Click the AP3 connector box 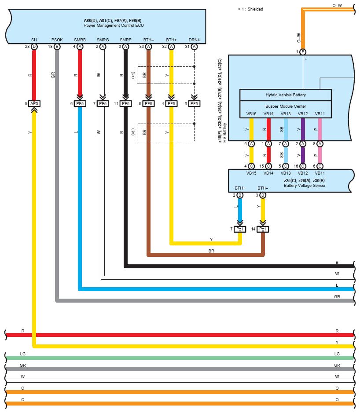[34, 104]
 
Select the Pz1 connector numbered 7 [240, 229]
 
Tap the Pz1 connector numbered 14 [263, 229]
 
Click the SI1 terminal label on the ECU [34, 40]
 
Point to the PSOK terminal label [57, 40]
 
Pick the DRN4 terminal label [194, 40]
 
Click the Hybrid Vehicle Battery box [285, 95]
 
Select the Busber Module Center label [285, 106]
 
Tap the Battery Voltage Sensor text [304, 186]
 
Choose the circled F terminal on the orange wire [303, 52]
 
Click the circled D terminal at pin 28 [34, 47]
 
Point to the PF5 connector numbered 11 [125, 104]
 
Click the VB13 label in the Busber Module [286, 114]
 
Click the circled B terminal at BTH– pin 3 [263, 195]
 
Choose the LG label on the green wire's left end [23, 354]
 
